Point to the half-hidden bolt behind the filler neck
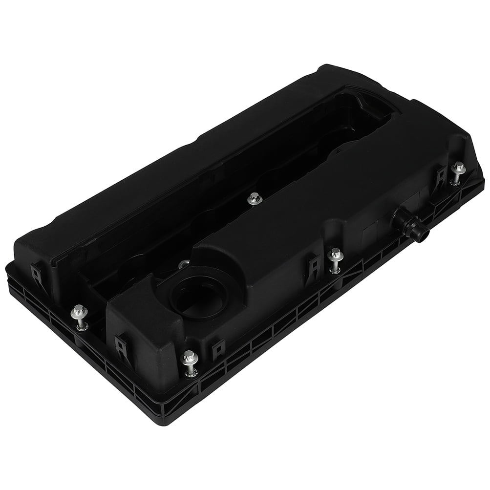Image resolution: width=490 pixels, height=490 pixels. (x=182, y=264)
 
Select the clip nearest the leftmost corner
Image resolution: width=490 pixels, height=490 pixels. (x=37, y=274)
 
